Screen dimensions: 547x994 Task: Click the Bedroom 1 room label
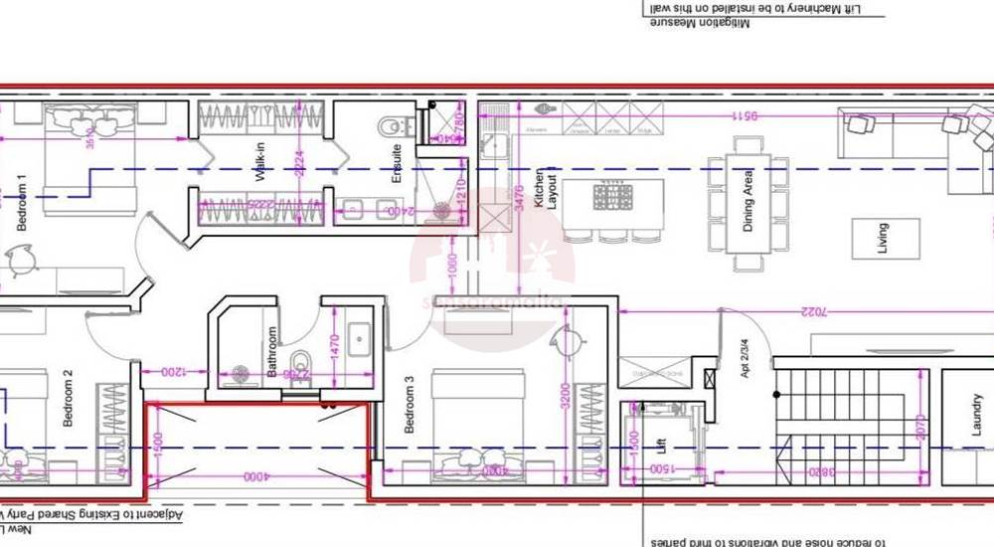pyautogui.click(x=20, y=204)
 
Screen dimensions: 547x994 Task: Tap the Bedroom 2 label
pyautogui.click(x=68, y=399)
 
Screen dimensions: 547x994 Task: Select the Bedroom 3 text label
pyautogui.click(x=409, y=405)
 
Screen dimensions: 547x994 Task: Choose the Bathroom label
pyautogui.click(x=271, y=352)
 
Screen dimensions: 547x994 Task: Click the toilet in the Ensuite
pyautogui.click(x=391, y=126)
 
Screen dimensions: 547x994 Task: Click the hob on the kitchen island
pyautogui.click(x=612, y=197)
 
